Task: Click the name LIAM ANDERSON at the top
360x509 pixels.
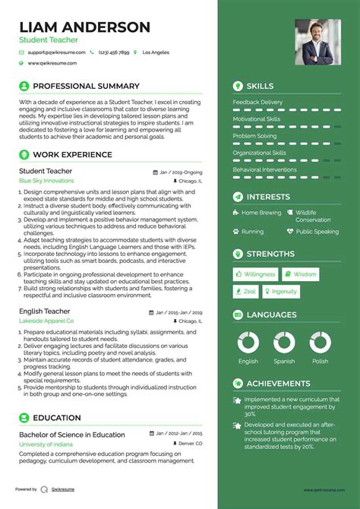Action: click(84, 27)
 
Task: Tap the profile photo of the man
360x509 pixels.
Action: click(317, 42)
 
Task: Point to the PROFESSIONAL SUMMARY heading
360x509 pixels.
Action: click(85, 86)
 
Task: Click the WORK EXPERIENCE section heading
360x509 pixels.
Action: click(71, 155)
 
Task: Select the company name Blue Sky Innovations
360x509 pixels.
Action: click(46, 182)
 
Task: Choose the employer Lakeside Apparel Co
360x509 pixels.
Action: click(46, 321)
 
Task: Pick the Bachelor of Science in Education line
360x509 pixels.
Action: click(72, 435)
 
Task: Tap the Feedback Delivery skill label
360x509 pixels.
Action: click(257, 102)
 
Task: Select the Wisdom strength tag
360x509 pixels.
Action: click(301, 274)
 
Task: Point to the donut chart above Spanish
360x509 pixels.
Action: click(284, 342)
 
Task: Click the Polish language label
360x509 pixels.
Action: click(320, 362)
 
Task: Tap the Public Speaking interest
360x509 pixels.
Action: click(317, 232)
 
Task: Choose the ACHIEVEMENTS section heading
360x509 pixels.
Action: click(278, 384)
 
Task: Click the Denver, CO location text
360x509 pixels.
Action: click(189, 443)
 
